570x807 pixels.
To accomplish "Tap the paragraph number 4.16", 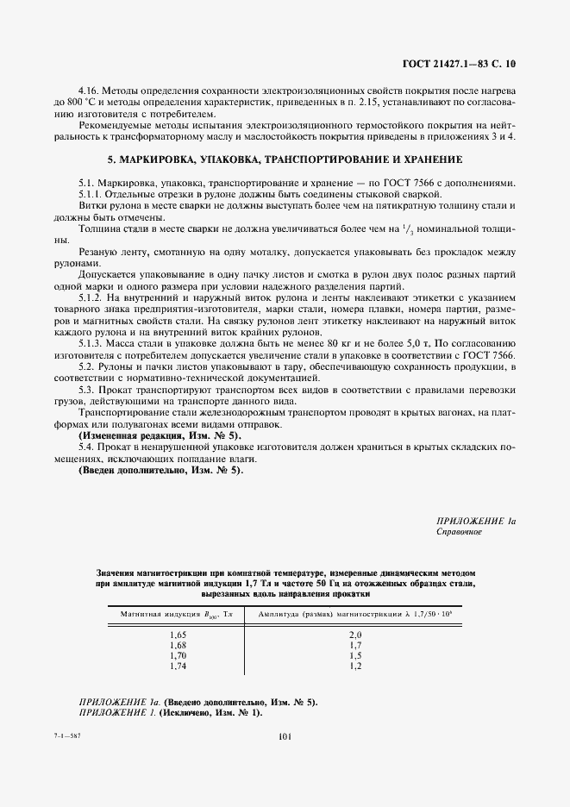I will (x=90, y=91).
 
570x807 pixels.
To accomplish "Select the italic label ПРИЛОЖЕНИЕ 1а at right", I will (x=477, y=521).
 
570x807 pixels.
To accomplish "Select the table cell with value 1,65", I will (x=179, y=635).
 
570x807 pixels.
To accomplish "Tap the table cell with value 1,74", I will (x=179, y=666).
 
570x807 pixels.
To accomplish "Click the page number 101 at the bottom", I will (x=285, y=735).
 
